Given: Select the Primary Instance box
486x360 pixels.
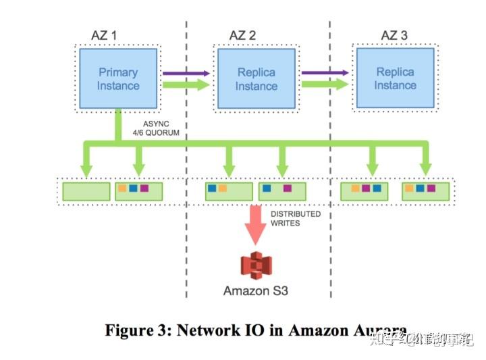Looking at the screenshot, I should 118,78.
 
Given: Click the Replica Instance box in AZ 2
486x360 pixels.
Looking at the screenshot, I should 256,79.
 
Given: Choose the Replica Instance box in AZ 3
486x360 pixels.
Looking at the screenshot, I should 396,79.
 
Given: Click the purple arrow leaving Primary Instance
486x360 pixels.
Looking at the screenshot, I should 186,72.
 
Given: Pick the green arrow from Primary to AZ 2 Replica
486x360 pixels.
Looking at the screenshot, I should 186,85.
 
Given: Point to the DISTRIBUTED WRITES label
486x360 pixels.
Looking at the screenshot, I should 296,219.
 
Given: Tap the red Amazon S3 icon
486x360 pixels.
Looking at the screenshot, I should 255,266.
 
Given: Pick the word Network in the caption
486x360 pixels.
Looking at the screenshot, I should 208,330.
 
